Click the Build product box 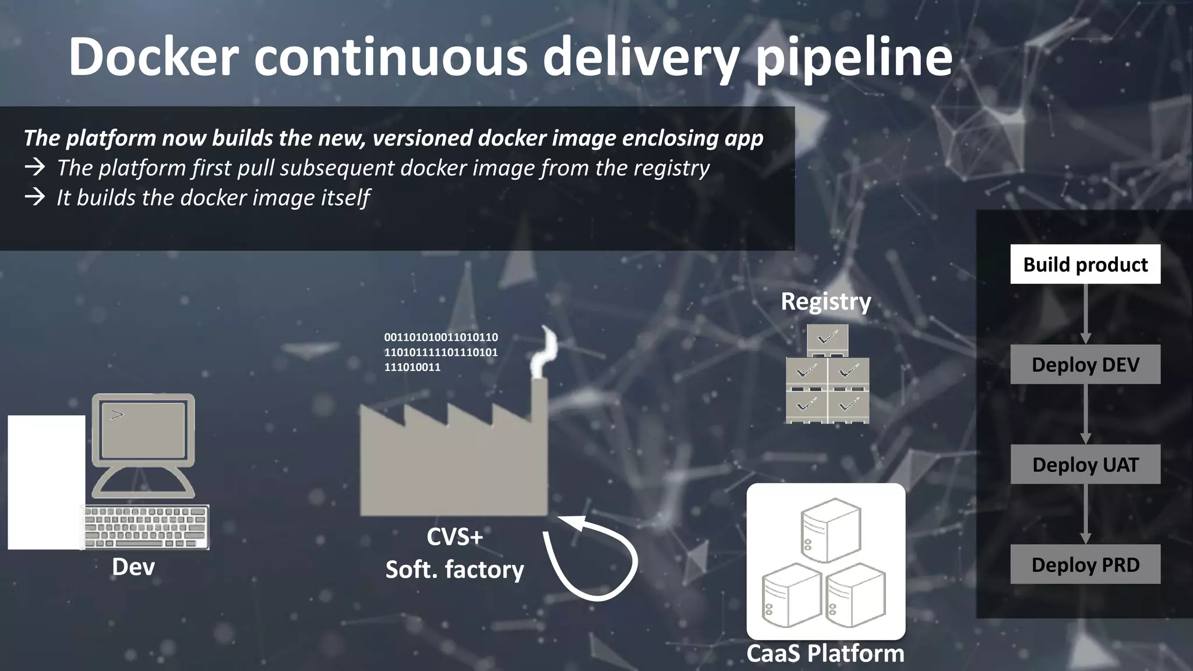click(x=1085, y=264)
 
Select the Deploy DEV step click(x=1085, y=365)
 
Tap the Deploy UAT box click(x=1085, y=465)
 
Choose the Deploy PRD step click(x=1085, y=564)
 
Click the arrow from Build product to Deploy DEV click(x=1085, y=315)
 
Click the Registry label click(x=825, y=302)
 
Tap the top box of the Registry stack click(x=827, y=339)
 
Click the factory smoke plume click(x=546, y=352)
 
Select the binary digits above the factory click(x=441, y=352)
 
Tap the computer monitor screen click(x=143, y=430)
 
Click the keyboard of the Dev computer click(x=146, y=527)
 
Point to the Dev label click(x=133, y=567)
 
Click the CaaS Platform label click(x=825, y=654)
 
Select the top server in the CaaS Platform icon click(x=830, y=529)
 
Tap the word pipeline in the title click(x=854, y=56)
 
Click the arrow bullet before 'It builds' click(x=35, y=197)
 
